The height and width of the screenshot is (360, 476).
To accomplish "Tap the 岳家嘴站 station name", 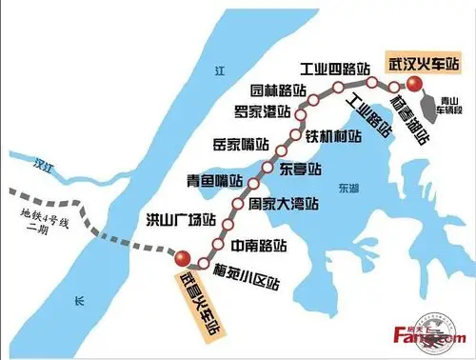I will coord(238,146).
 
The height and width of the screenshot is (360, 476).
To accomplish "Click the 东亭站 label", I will coord(304,170).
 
